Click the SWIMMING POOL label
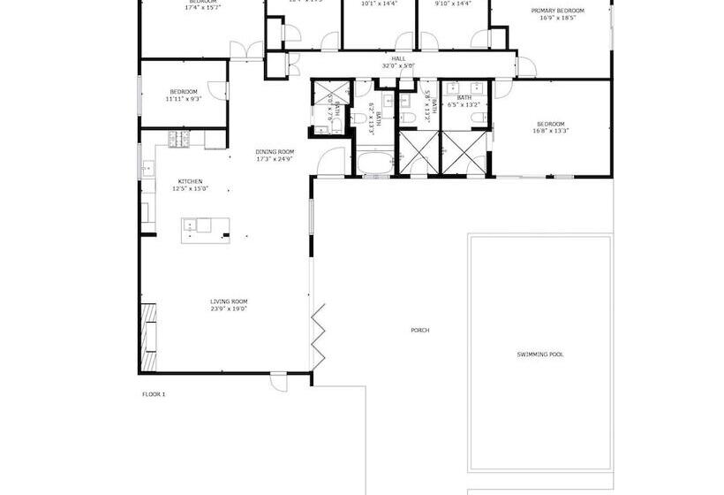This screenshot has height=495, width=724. coord(540,354)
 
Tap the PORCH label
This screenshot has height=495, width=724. coord(419,330)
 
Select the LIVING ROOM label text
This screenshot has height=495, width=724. coord(228,301)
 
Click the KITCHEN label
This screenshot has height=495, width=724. coord(190,181)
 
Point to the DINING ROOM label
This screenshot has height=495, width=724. coord(275,151)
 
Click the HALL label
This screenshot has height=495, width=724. coord(398,58)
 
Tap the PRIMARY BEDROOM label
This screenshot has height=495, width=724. coord(557,11)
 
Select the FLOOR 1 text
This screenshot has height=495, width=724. coord(154,393)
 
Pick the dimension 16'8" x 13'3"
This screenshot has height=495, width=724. coord(550,131)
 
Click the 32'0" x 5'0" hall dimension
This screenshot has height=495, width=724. coord(398,66)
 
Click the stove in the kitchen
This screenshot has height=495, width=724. coord(179,138)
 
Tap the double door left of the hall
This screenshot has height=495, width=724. coord(253,51)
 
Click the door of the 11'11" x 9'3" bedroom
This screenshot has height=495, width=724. coord(224,91)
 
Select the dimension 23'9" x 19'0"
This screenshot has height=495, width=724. coord(228,309)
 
